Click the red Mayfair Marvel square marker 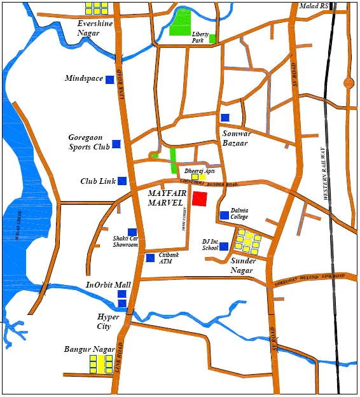[x=200, y=198]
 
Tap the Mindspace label [x=84, y=79]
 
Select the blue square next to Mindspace [x=109, y=80]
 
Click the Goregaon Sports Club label [x=89, y=142]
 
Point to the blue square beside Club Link [x=121, y=181]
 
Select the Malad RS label [x=315, y=6]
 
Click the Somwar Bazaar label [x=235, y=138]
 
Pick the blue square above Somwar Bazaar [x=225, y=118]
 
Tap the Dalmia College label [x=239, y=213]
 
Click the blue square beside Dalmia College [x=224, y=216]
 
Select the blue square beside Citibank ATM [x=150, y=258]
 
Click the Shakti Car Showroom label [x=125, y=242]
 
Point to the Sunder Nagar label [x=243, y=265]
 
